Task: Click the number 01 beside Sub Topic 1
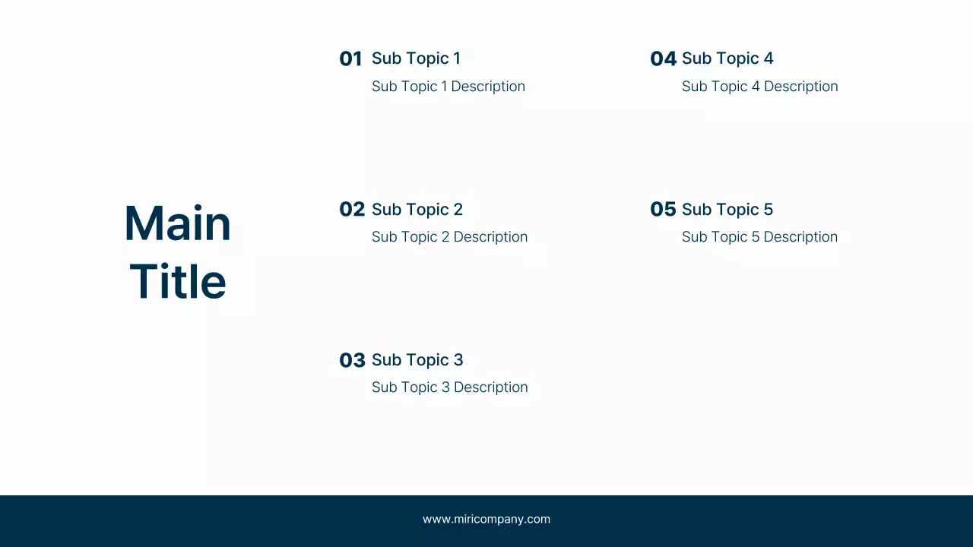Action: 350,59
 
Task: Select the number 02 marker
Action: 352,210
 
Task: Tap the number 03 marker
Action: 352,360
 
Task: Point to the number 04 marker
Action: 663,59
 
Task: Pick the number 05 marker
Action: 663,210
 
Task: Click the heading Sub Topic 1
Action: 416,58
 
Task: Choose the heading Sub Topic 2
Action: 417,210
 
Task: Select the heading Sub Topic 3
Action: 417,360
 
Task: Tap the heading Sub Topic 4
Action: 727,58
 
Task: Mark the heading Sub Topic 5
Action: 727,210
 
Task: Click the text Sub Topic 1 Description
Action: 448,87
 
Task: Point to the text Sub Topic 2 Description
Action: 449,237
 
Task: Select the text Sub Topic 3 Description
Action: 449,387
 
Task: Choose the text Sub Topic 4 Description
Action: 759,87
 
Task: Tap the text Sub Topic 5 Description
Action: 759,237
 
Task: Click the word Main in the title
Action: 177,224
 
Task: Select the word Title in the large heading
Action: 178,282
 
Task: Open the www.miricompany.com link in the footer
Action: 486,520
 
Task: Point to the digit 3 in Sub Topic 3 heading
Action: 458,360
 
